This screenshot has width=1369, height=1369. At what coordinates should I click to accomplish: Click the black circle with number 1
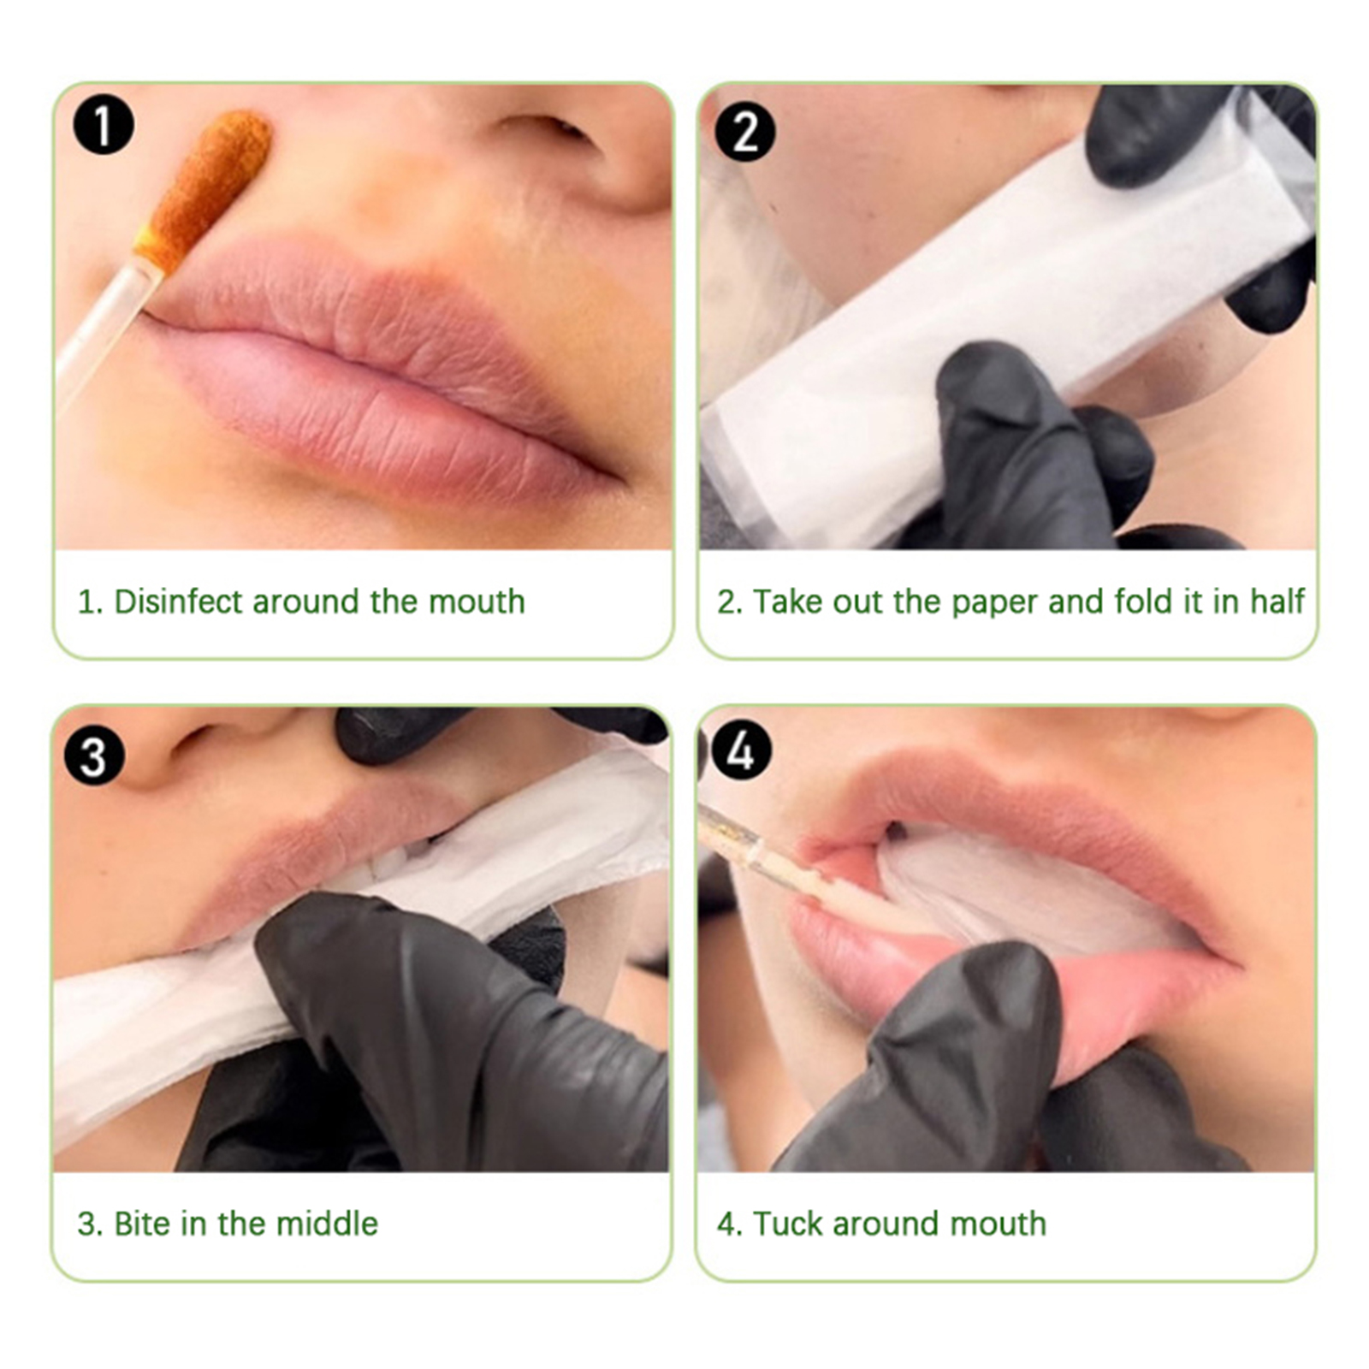click(x=104, y=126)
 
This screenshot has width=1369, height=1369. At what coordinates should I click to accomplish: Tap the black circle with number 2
click(x=745, y=132)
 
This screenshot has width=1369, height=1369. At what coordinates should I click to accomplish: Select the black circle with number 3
click(x=94, y=756)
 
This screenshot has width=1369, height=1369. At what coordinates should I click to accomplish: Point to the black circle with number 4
click(x=741, y=750)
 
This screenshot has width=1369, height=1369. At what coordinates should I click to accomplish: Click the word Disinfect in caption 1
click(x=179, y=602)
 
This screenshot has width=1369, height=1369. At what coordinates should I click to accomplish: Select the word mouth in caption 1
click(x=477, y=602)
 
